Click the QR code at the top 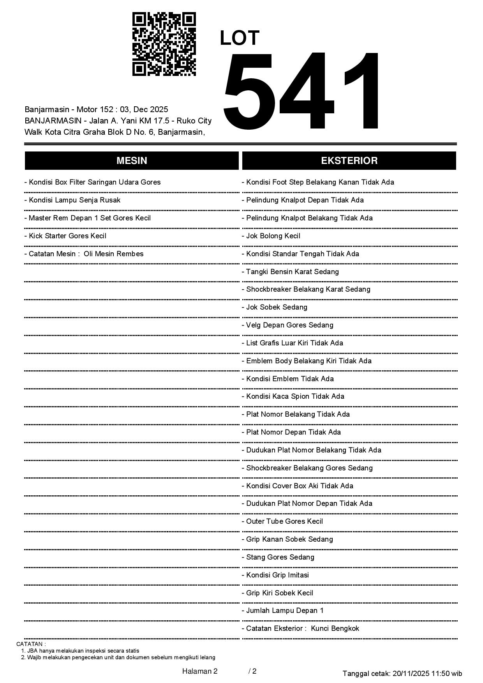click(x=164, y=44)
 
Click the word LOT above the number click(x=240, y=38)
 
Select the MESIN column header click(x=132, y=161)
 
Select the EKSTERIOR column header click(x=349, y=161)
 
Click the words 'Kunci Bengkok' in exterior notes click(x=335, y=628)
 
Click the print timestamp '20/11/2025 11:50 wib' click(x=427, y=673)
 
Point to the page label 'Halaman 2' click(x=199, y=671)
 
